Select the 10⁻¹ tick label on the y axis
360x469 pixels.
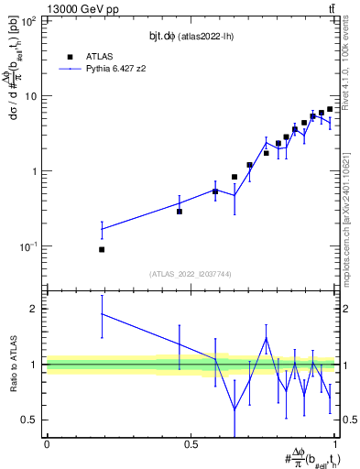click(31, 246)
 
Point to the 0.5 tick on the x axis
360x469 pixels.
click(191, 444)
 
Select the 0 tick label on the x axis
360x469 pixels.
click(47, 444)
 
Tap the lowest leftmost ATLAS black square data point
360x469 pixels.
click(102, 249)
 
